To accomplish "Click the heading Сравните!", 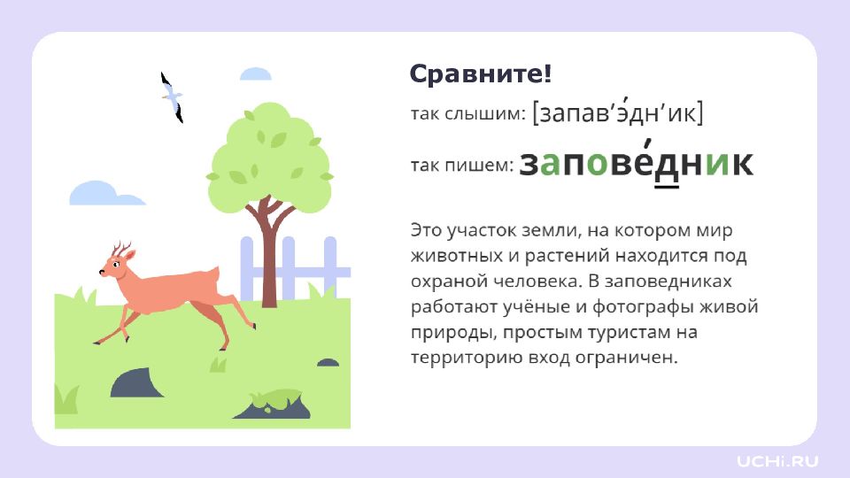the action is pos(480,73).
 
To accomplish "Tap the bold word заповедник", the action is pos(637,162).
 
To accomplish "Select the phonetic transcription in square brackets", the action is pos(617,112).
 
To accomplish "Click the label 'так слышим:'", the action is pos(467,114).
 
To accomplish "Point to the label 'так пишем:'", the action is pos(462,165).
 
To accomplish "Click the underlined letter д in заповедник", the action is pos(667,166).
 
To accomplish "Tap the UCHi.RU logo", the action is pos(777,462).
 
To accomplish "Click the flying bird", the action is pos(173,97).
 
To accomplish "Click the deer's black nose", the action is pos(101,272).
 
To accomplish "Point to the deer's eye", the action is pos(116,264).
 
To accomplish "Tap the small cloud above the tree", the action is pos(255,73).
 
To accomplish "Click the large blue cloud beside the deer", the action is pos(106,194).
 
